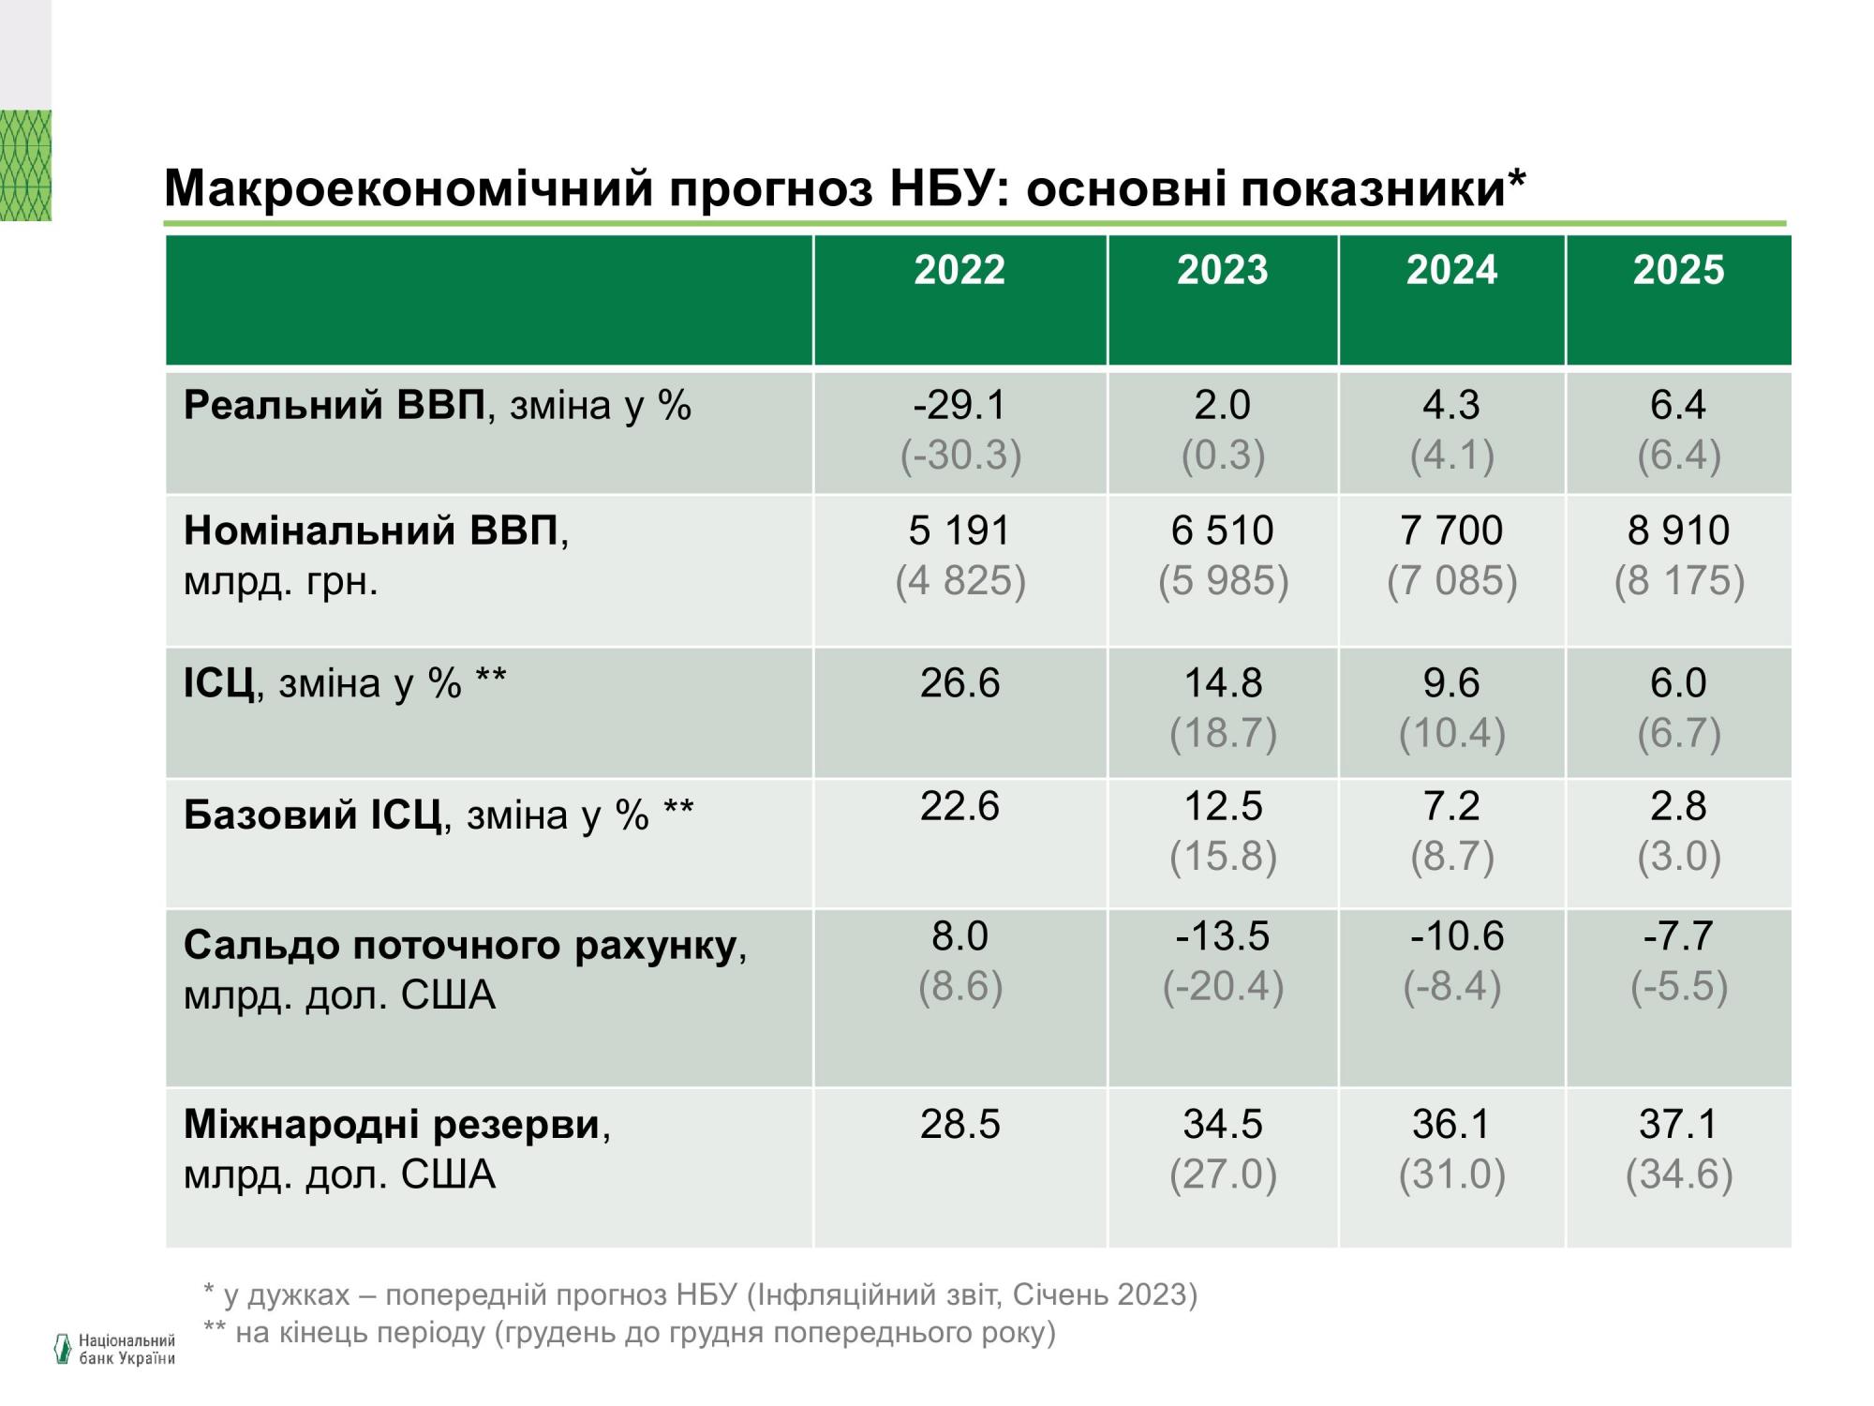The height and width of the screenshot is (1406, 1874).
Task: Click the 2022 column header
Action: (959, 271)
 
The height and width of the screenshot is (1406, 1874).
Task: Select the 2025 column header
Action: (1678, 271)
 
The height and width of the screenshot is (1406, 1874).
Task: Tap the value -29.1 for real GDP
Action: (959, 406)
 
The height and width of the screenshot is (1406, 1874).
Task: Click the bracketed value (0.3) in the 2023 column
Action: (1223, 456)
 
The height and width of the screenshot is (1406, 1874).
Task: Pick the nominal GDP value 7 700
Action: (1451, 531)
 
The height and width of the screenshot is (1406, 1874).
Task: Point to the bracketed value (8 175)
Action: (1678, 581)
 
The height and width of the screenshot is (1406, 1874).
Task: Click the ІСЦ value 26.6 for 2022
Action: (959, 683)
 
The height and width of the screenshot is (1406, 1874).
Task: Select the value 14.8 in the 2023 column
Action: (1223, 683)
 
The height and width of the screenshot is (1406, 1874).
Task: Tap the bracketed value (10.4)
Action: (1451, 733)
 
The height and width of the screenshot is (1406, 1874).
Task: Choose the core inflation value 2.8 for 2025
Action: (1678, 807)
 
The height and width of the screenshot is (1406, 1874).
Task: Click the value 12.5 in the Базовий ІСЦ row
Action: (1223, 807)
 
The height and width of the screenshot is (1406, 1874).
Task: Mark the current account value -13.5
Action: (1223, 936)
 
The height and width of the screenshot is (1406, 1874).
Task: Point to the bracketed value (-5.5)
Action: (1678, 986)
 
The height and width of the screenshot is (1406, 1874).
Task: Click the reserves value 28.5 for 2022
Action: (959, 1124)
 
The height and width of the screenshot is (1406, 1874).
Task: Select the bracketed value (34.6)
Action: (1678, 1174)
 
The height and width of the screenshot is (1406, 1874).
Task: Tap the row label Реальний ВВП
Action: (335, 406)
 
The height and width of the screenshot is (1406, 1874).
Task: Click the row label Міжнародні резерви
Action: (392, 1124)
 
